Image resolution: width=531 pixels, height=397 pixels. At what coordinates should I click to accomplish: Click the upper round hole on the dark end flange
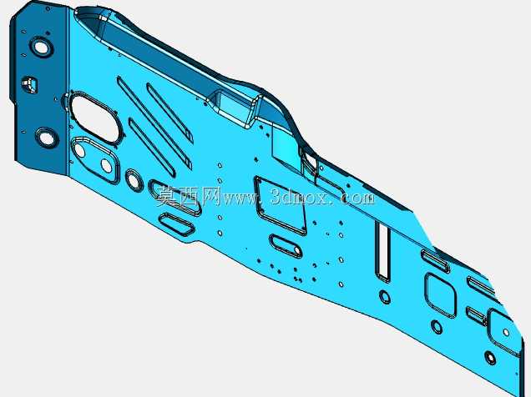tap(41, 47)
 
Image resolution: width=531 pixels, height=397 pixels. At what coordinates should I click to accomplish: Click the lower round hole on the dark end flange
tap(47, 138)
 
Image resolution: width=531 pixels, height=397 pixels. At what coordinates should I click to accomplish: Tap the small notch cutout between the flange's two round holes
tap(29, 83)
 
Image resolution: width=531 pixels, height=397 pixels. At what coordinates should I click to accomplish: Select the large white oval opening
tap(95, 119)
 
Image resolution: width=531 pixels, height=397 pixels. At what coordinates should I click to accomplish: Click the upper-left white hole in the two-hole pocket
tap(79, 150)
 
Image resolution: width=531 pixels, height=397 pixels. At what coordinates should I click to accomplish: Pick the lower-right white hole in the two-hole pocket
tap(106, 165)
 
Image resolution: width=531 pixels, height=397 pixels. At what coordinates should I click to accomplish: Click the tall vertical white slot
tap(382, 251)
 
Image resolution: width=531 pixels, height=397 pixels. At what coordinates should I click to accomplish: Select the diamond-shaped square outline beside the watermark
tap(281, 206)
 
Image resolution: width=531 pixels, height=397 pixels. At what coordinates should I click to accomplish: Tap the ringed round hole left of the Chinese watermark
tap(134, 179)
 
